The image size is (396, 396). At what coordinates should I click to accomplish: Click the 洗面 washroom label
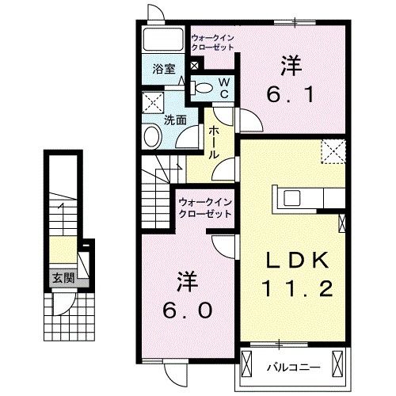point(175,120)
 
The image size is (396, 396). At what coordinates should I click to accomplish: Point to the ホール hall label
point(213,144)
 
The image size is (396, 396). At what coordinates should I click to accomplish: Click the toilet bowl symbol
point(203,87)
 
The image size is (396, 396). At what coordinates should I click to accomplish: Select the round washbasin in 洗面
point(153,136)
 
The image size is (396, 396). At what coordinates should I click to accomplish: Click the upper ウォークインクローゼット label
point(214,42)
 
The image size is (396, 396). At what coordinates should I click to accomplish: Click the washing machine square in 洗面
point(152,101)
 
